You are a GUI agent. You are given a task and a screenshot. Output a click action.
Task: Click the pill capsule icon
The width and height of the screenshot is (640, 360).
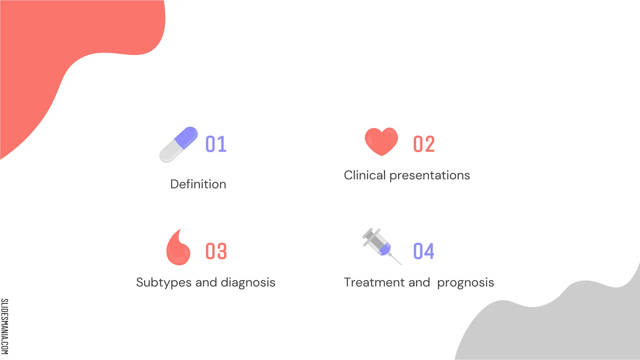(x=178, y=145)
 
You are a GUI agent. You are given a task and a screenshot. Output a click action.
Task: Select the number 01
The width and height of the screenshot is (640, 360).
(x=216, y=144)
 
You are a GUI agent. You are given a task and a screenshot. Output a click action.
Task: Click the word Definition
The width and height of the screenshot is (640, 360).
(x=198, y=184)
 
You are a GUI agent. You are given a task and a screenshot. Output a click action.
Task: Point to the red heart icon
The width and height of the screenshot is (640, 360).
(x=381, y=141)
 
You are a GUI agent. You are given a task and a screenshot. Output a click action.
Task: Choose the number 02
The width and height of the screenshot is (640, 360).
(x=424, y=144)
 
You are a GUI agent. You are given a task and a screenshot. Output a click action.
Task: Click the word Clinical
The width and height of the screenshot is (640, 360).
(x=365, y=175)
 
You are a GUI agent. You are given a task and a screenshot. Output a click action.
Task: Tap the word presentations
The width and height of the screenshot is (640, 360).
(x=430, y=176)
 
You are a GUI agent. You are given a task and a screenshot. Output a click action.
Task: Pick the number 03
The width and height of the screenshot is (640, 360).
(x=216, y=251)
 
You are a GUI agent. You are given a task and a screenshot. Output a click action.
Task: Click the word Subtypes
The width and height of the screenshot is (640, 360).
(x=164, y=283)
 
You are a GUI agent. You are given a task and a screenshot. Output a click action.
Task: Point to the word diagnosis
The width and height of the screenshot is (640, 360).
(x=248, y=283)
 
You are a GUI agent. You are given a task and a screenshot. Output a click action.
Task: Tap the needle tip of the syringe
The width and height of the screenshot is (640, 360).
(x=400, y=264)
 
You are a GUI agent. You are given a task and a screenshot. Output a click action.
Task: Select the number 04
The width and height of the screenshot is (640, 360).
(x=424, y=251)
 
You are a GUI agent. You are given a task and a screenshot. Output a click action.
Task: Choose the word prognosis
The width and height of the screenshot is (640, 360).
(x=466, y=283)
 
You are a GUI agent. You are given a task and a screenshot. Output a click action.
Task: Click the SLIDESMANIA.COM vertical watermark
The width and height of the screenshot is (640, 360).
(x=5, y=326)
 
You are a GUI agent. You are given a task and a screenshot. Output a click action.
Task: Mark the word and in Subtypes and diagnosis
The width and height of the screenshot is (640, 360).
(x=206, y=282)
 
